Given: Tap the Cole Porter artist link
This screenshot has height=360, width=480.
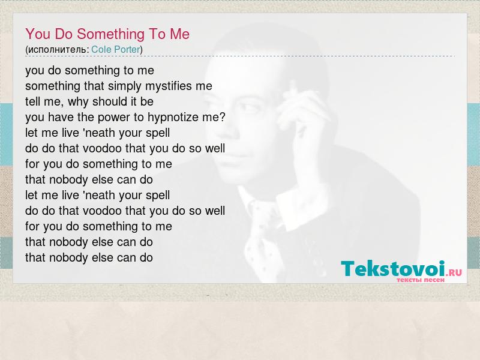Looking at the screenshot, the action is pos(116,49).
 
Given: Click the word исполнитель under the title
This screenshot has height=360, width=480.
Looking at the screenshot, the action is pos(57,50).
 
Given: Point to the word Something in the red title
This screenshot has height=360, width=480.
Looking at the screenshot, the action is pos(110,34).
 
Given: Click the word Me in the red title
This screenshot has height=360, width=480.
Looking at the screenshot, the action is pos(179,34).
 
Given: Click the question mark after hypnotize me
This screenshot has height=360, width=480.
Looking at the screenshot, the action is pos(223,116).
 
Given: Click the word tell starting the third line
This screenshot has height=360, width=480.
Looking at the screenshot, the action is pos(32,101).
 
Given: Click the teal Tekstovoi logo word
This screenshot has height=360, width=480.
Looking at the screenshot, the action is pos(393,269).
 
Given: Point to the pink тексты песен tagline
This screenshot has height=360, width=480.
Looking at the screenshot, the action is pos(421,280).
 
